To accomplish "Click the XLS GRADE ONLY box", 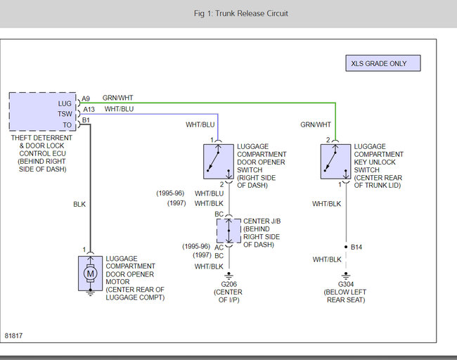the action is [x=383, y=63].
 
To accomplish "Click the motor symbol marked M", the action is [x=91, y=274].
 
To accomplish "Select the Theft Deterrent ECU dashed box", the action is [x=43, y=111].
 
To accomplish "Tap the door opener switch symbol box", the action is [x=219, y=162].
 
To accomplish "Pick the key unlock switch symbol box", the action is [x=336, y=162].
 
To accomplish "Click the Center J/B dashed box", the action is [x=228, y=231].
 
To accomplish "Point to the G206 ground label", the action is [x=228, y=284].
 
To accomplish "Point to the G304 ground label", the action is [x=346, y=284].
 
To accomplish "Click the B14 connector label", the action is [x=356, y=247].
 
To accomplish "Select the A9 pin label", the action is [x=86, y=98].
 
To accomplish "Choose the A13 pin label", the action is [x=89, y=109].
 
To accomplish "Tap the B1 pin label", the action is [x=86, y=120].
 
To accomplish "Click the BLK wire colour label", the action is [x=79, y=205].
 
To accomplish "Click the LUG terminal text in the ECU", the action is [x=65, y=104].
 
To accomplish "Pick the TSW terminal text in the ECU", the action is [x=65, y=114].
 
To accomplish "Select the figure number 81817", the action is [x=13, y=336].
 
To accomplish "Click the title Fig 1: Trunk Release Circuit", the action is [x=241, y=13].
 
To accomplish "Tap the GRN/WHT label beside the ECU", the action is [x=117, y=98].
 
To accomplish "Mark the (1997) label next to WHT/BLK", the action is [x=176, y=203].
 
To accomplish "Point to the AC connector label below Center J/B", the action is [x=219, y=247].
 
